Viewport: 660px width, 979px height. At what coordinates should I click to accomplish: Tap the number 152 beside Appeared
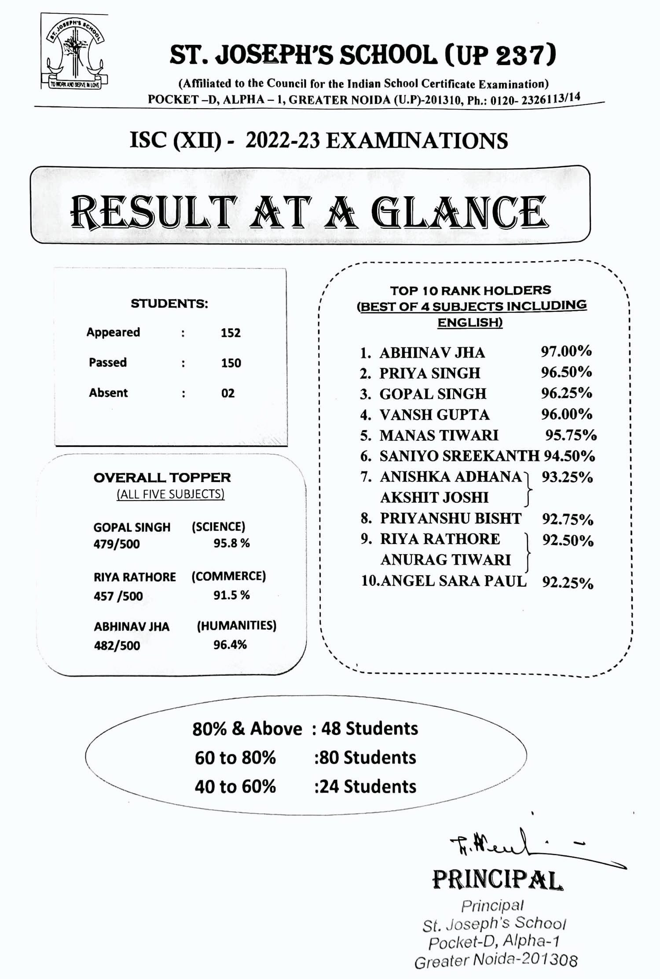(231, 332)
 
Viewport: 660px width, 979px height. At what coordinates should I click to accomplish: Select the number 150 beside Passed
(231, 363)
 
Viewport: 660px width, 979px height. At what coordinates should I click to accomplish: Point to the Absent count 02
(228, 393)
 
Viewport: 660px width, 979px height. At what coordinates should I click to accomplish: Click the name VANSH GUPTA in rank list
(434, 415)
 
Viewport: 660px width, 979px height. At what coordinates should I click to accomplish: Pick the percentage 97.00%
(566, 351)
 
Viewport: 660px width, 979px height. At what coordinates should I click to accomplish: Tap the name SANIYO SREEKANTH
(459, 456)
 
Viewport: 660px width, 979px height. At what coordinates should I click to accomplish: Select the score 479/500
(117, 544)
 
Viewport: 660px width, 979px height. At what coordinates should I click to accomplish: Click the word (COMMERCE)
(228, 576)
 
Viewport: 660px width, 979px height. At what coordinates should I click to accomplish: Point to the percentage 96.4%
(230, 645)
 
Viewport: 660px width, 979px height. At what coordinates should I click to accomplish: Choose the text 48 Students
(370, 729)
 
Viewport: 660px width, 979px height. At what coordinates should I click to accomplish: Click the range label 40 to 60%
(235, 786)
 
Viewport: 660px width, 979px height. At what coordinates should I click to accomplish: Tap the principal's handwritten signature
(515, 844)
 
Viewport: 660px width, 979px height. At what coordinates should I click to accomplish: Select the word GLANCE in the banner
(459, 212)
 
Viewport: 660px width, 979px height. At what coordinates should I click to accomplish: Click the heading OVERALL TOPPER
(162, 478)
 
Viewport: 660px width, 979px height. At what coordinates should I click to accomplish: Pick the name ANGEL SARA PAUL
(453, 581)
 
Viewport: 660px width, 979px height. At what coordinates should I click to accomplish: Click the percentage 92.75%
(568, 519)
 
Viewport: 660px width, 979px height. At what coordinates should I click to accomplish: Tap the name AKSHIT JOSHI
(434, 497)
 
